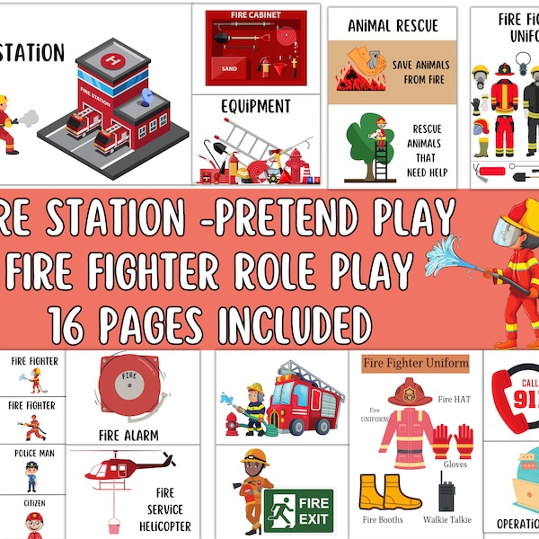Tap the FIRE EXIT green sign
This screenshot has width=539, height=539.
[x=298, y=509]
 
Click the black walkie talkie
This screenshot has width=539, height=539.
[x=446, y=496]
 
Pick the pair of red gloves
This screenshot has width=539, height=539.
[x=452, y=441]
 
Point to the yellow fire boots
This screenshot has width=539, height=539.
[x=383, y=492]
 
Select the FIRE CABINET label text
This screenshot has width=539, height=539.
[x=256, y=15]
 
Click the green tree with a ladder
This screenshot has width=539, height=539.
[x=367, y=140]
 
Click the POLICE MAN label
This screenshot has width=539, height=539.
[x=33, y=454]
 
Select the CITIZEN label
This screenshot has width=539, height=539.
[x=33, y=503]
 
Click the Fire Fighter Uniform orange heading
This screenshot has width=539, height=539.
[x=416, y=363]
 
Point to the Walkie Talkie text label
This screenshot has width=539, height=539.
[x=446, y=519]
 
